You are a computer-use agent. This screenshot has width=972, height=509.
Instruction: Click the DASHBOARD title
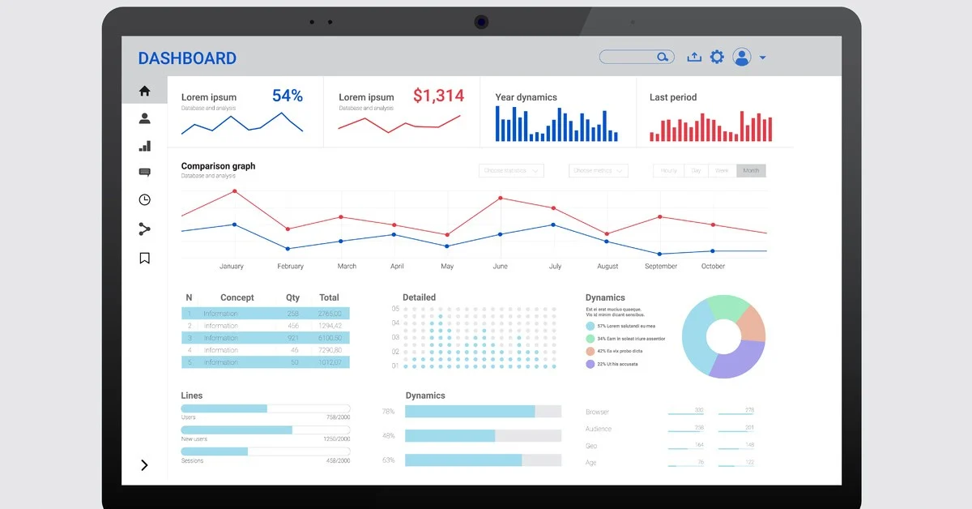point(187,58)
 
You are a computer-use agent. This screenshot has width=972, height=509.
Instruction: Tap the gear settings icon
point(717,57)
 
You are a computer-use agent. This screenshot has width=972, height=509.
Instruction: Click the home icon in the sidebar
point(144,91)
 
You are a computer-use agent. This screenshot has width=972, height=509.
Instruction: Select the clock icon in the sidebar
point(144,199)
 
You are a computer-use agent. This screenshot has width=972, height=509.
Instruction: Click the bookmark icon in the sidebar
point(144,259)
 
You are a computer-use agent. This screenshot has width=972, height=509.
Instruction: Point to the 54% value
point(287,96)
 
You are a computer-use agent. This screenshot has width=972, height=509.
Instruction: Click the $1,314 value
point(438,96)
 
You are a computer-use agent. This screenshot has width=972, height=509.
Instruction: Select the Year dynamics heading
point(526,97)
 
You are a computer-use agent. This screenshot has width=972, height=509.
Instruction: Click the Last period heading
point(672,97)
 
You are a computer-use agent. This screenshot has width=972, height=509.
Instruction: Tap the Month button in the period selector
point(751,171)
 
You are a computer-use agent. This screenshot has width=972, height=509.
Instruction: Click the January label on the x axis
point(232,266)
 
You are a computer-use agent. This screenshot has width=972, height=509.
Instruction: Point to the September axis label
point(661,266)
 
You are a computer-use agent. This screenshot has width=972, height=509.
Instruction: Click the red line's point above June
point(501,198)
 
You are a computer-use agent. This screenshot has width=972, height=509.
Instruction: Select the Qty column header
point(292,297)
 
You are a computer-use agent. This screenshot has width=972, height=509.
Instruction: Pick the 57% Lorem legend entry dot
point(590,326)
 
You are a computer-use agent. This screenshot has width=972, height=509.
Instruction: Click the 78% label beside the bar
point(388,412)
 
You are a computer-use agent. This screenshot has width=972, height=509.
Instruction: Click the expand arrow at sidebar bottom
point(144,465)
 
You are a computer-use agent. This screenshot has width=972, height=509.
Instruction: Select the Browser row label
point(597,412)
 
